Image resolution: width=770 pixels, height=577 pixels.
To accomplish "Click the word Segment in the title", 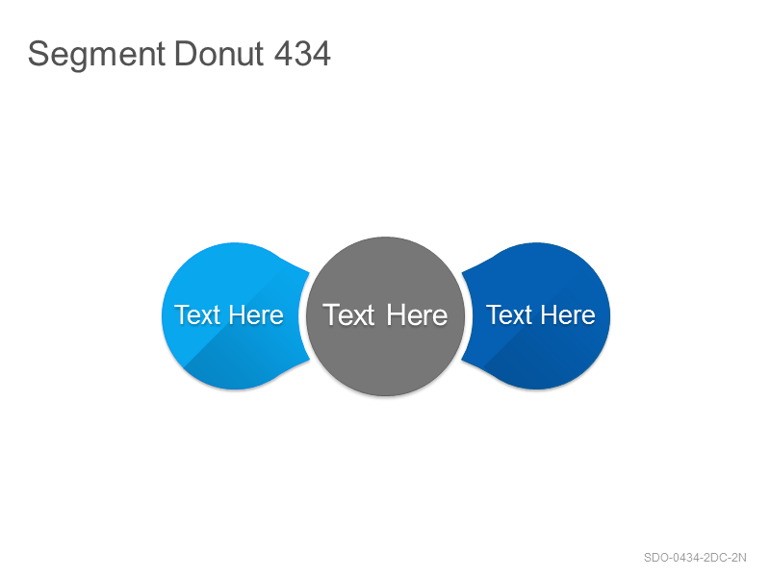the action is coord(96,55).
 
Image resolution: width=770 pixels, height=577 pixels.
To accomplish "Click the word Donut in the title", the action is coord(219,54).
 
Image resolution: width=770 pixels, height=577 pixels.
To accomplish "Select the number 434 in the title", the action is coord(302,54).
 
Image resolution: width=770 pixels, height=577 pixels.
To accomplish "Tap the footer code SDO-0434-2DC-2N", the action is coord(695,558).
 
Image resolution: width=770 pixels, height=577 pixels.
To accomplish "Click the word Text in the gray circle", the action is coord(348,315).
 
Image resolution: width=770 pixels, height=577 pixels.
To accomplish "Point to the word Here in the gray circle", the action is coord(417,315).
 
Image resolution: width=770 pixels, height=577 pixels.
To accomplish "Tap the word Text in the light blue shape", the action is coord(197,315).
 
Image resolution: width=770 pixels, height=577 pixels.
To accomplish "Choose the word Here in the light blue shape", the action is coord(256,315).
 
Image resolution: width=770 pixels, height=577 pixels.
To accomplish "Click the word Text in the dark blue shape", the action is coord(509,315).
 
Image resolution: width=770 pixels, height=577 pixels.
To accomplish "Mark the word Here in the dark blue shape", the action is coord(568,315).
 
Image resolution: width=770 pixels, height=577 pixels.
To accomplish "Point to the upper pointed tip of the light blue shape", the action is coord(309,272).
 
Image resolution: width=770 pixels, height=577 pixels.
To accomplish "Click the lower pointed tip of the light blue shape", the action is coord(309,360).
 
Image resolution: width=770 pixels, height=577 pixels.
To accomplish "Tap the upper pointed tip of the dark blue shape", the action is coord(462,272).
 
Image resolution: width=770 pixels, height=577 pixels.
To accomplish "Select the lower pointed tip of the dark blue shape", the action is coord(462,361).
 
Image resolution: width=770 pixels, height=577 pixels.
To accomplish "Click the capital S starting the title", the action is coord(38,54).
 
